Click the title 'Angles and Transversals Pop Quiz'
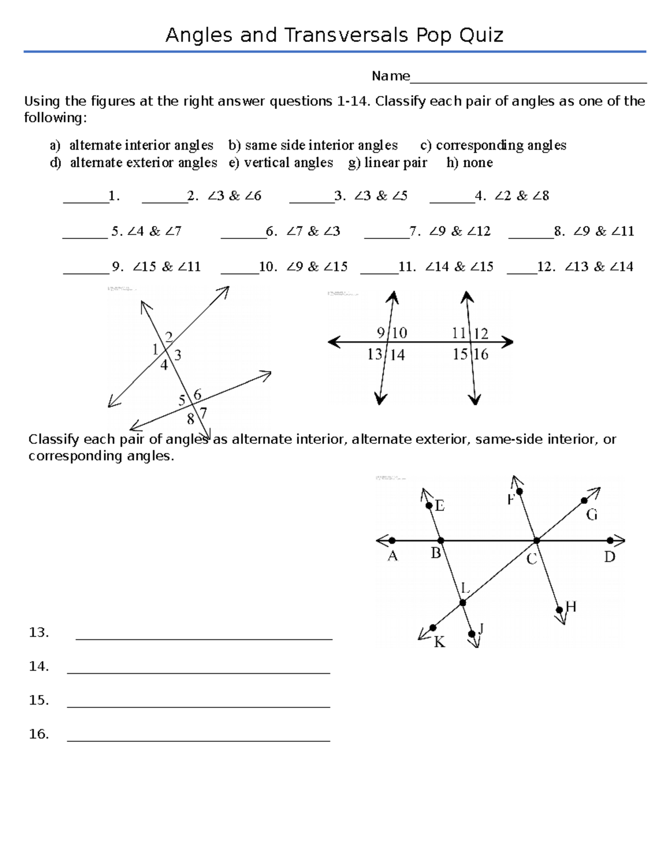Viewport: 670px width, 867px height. click(x=334, y=35)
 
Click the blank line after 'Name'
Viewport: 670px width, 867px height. click(x=528, y=78)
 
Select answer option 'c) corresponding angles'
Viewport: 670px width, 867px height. click(x=493, y=146)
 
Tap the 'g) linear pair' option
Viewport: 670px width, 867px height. click(x=387, y=163)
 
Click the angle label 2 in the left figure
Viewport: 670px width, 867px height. click(x=168, y=337)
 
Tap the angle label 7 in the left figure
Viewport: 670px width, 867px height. click(x=203, y=413)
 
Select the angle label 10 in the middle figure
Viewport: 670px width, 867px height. click(x=399, y=333)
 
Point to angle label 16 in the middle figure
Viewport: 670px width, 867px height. click(x=481, y=355)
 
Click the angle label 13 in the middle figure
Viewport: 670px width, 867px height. click(x=375, y=355)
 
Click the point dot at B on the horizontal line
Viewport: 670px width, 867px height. click(x=441, y=540)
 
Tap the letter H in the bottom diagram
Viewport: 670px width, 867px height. click(x=571, y=607)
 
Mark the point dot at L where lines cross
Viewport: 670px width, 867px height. click(x=462, y=602)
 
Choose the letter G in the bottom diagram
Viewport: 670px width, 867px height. click(x=592, y=515)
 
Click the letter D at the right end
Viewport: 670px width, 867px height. click(x=609, y=557)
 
